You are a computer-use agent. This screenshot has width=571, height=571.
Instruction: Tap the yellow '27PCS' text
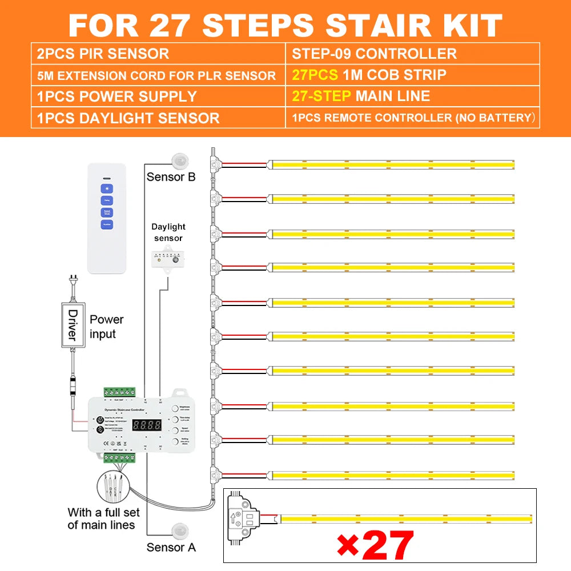point(312,75)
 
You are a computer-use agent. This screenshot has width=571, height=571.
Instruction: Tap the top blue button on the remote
point(107,188)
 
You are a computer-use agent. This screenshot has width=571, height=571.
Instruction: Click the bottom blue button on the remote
point(107,224)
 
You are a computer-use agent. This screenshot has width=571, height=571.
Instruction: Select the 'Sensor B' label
point(171,176)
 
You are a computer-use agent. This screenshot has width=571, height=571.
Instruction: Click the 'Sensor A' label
point(171,547)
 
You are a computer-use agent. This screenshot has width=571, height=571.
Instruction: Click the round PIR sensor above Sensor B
point(182,160)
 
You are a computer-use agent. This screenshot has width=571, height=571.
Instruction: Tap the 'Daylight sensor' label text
point(168,232)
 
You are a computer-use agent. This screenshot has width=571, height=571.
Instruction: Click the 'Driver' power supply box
point(73,325)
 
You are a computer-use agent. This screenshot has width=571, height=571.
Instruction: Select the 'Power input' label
point(106,327)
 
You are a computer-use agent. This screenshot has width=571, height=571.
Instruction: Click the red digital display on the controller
point(147,425)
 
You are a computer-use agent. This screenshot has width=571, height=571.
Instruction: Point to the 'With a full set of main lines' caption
point(101,518)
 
